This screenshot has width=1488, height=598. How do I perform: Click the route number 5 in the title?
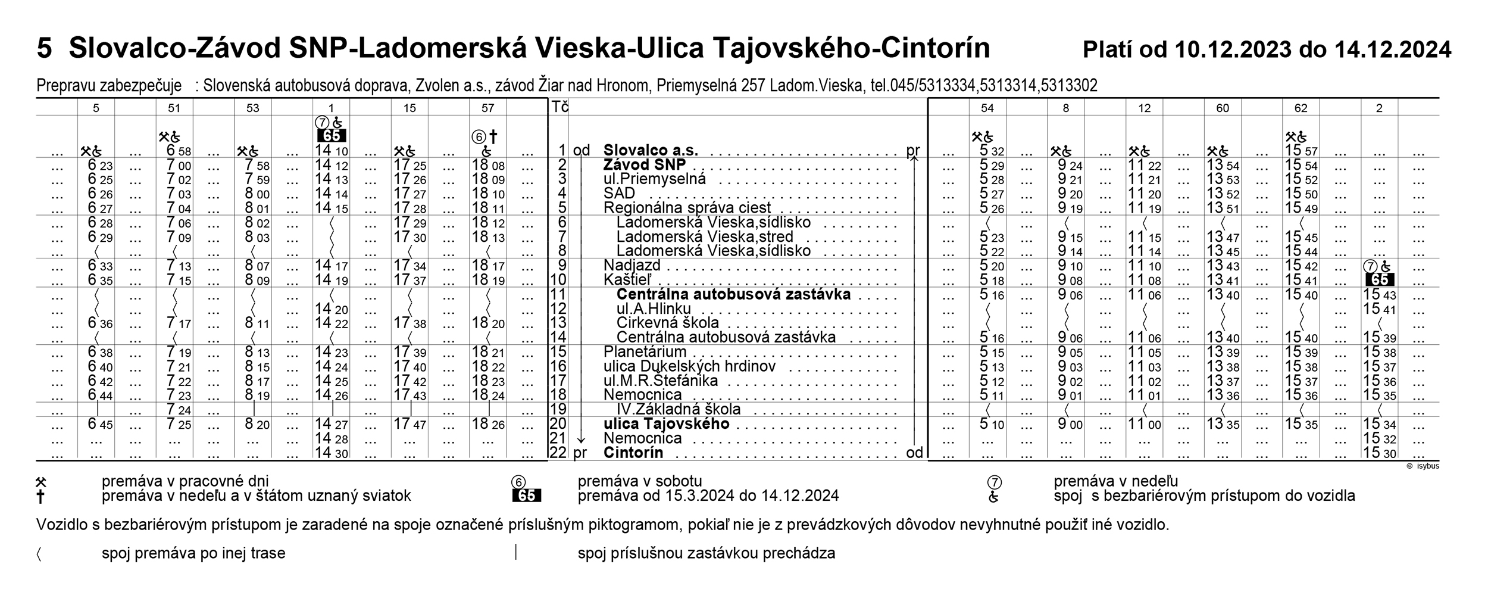click(x=44, y=49)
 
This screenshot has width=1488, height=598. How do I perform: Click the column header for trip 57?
click(x=488, y=108)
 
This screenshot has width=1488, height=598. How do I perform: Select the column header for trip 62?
click(x=1301, y=108)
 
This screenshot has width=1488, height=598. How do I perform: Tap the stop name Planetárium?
click(x=645, y=351)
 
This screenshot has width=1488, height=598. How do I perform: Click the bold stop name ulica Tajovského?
click(x=666, y=423)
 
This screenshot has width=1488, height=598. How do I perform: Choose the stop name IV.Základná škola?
click(x=678, y=409)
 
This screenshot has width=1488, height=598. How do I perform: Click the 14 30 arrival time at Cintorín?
click(x=331, y=453)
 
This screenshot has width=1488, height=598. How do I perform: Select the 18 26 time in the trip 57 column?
click(x=488, y=424)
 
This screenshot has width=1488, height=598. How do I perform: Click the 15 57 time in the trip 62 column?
click(x=1301, y=151)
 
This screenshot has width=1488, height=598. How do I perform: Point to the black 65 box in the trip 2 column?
click(x=1380, y=279)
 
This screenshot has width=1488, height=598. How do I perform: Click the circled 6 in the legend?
click(x=518, y=482)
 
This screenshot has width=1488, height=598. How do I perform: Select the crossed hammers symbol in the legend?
click(x=41, y=481)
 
